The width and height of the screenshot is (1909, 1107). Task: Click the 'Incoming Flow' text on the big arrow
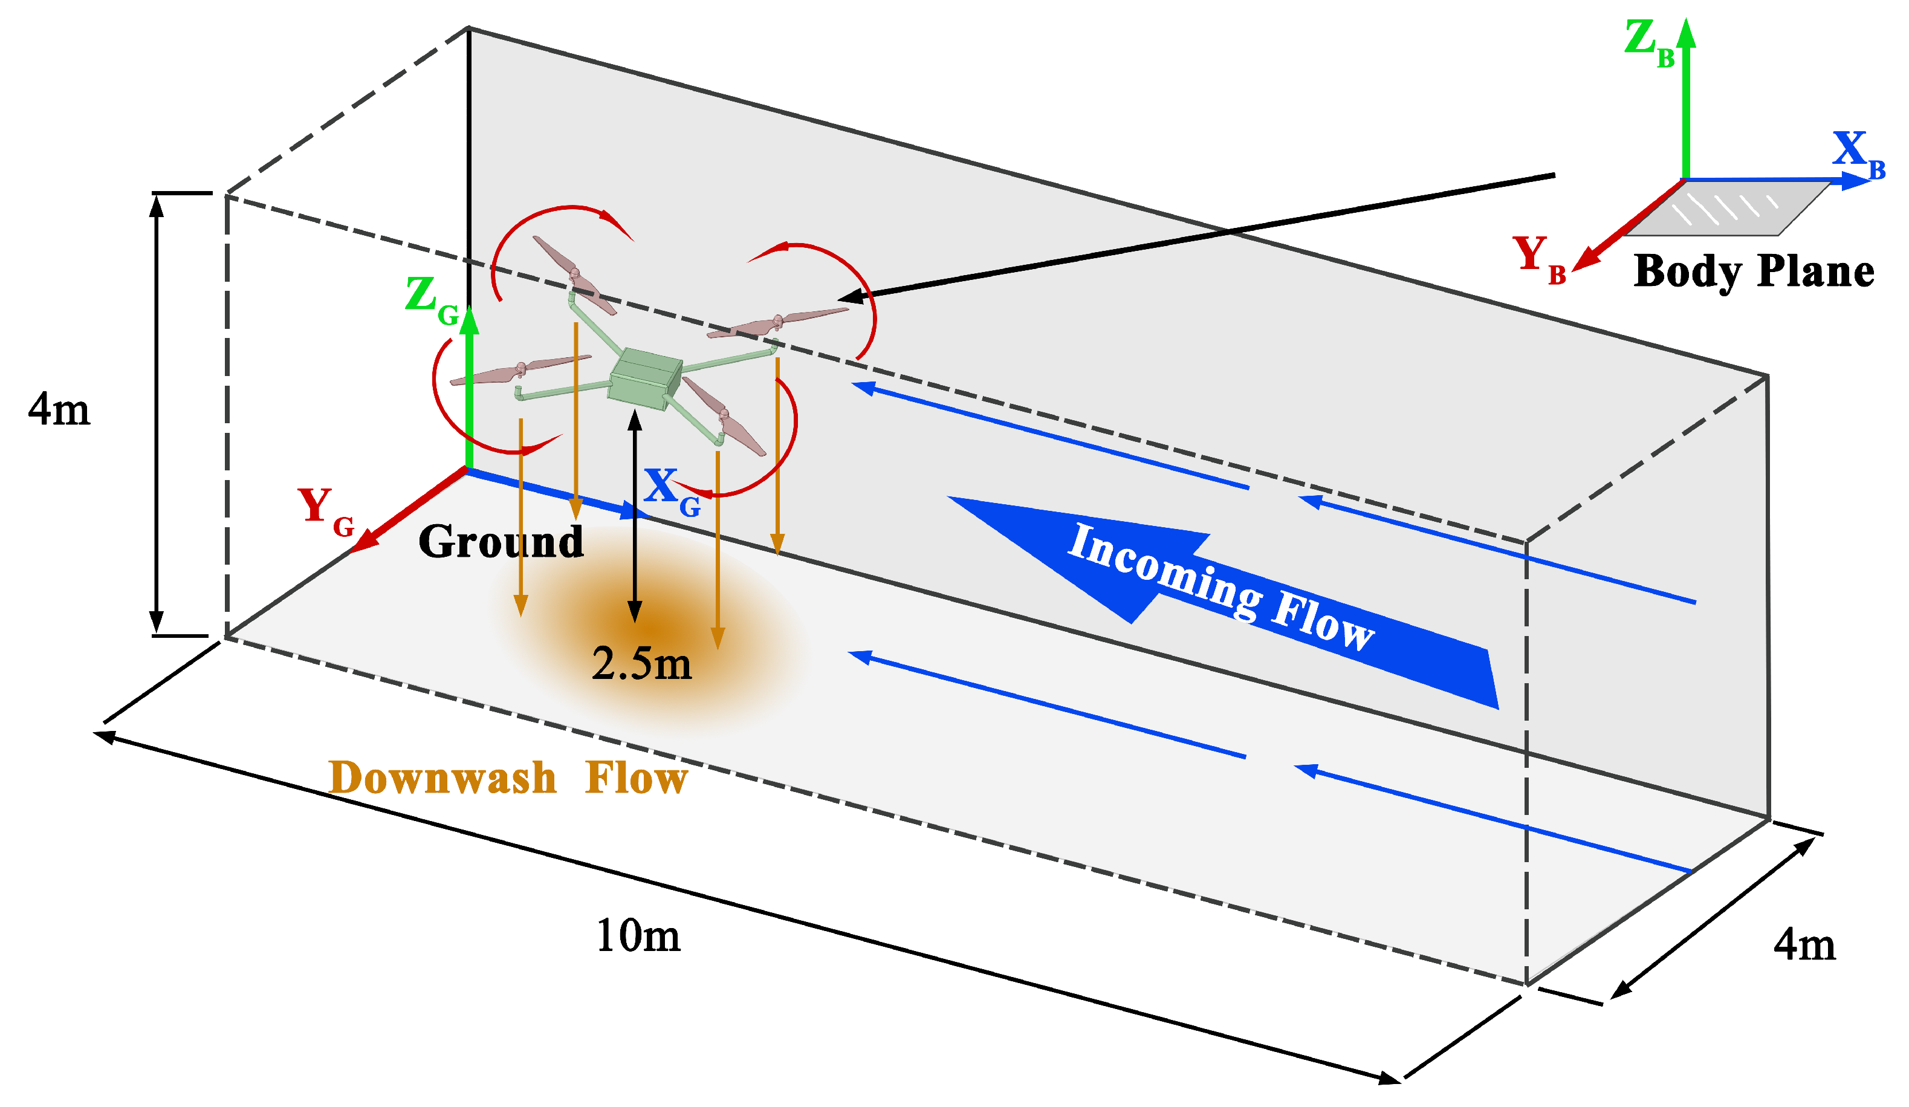[1220, 587]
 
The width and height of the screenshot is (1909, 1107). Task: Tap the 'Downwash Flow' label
[508, 777]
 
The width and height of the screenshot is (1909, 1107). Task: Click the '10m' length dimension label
[638, 936]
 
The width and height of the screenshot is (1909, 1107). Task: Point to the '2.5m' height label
[641, 664]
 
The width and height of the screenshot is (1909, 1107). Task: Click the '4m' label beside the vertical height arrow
[59, 409]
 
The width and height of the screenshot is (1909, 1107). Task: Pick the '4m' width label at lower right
[1804, 945]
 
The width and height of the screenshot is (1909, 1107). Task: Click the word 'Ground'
[501, 542]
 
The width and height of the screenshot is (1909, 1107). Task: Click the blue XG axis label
[671, 490]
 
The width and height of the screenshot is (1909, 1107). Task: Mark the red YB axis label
[1538, 258]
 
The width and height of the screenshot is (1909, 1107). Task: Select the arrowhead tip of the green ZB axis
[1687, 30]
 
